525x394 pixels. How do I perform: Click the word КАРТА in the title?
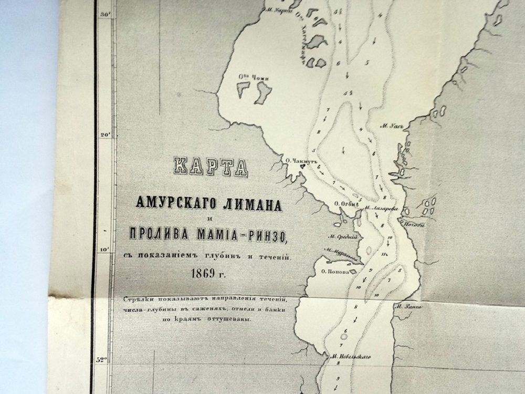[209, 167]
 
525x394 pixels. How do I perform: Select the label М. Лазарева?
[382, 208]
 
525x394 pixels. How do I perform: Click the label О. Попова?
[334, 272]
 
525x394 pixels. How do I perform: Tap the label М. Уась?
[392, 126]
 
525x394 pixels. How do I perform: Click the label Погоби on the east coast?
[414, 225]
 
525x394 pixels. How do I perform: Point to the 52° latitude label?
[101, 360]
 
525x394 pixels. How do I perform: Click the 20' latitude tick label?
[104, 135]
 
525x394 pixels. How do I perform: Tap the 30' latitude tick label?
[104, 15]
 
